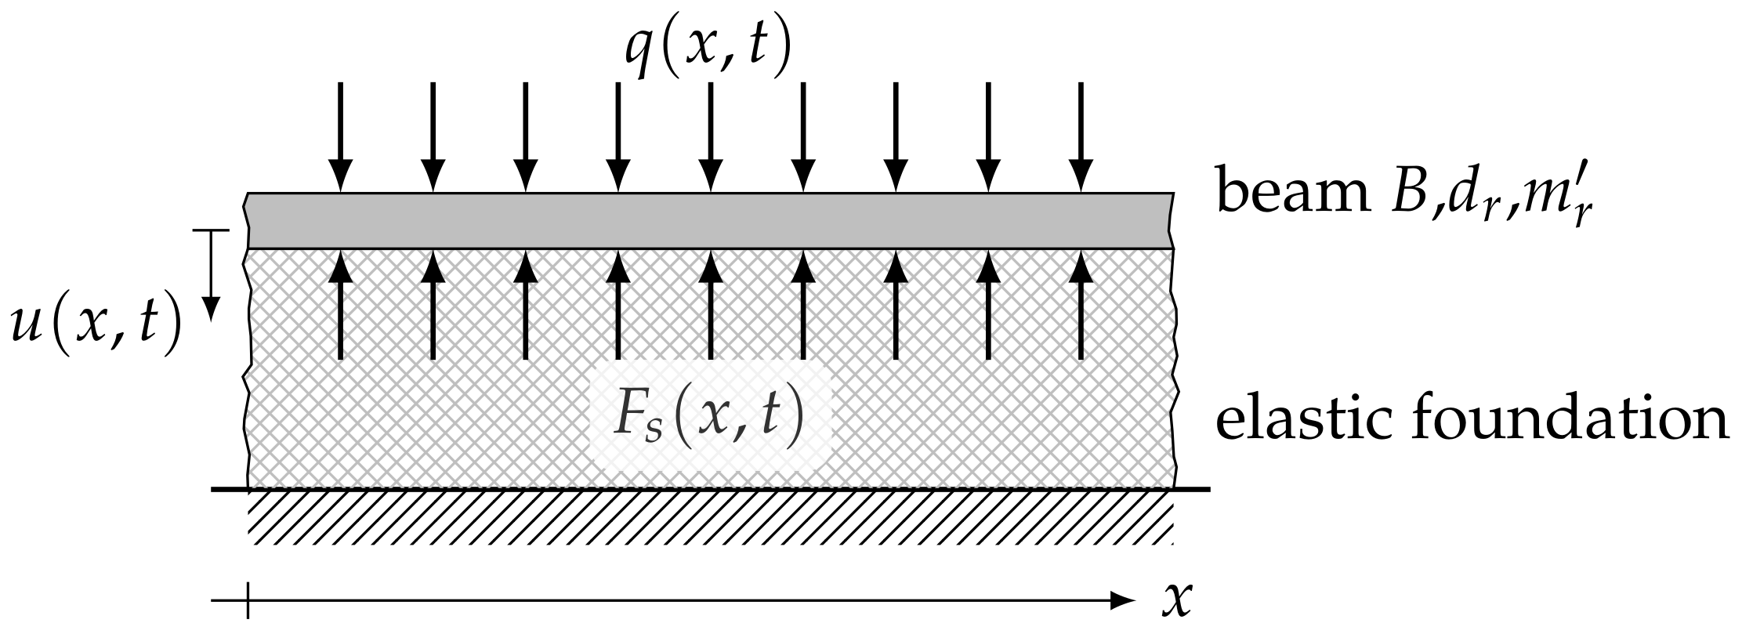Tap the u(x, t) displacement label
(96, 327)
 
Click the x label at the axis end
(1175, 600)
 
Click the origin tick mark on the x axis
(248, 601)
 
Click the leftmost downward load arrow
(340, 137)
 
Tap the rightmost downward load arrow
(1081, 137)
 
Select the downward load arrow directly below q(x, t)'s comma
(710, 137)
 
